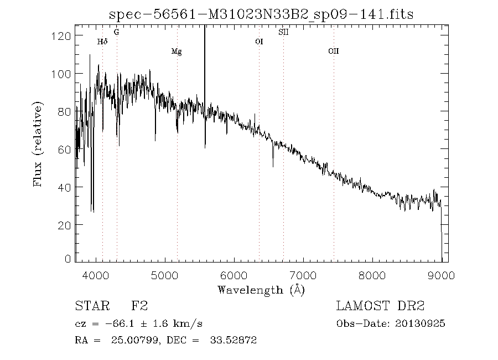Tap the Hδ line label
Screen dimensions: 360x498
[x=102, y=42]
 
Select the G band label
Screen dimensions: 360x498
[x=116, y=32]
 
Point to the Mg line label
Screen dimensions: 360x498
[x=177, y=52]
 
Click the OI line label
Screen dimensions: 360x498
[x=258, y=42]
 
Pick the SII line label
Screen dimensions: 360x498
[x=283, y=32]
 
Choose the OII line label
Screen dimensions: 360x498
[x=333, y=52]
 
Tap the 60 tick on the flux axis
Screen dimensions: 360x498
[x=66, y=150]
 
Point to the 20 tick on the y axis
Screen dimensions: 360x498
[x=66, y=225]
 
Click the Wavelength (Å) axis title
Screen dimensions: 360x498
[x=261, y=289]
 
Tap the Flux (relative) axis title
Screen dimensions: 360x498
[x=38, y=143]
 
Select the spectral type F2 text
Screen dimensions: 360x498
[x=139, y=306]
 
